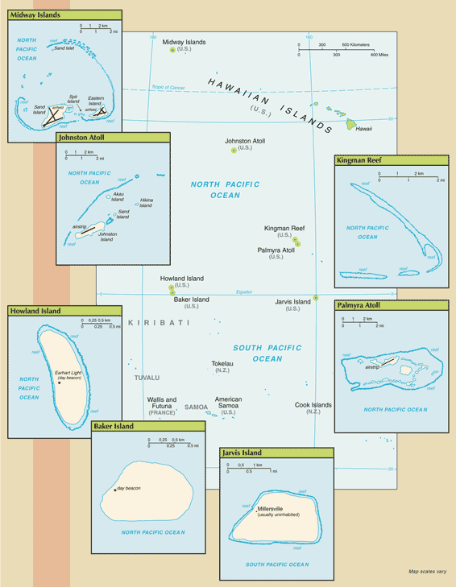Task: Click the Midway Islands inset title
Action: coord(35,15)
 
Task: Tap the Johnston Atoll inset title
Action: coord(81,138)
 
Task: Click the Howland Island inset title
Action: coord(35,311)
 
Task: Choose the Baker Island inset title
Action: coord(113,426)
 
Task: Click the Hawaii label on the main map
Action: coord(364,129)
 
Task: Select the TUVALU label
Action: coord(147,377)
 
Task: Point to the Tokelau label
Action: coord(222,363)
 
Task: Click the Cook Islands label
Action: coord(313,405)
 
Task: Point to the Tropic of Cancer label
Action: coord(168,87)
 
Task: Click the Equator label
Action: coord(244,291)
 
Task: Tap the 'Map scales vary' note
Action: coord(427,573)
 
